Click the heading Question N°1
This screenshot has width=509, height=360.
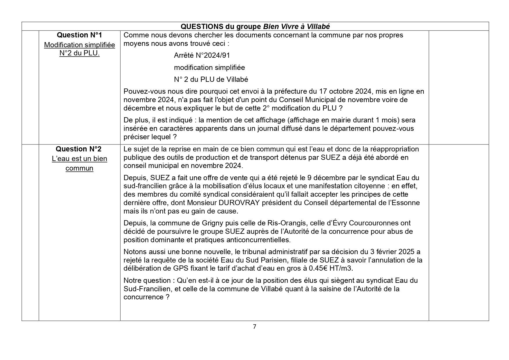[x=79, y=35]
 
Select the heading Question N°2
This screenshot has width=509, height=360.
[x=79, y=149]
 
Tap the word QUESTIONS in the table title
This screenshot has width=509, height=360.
[x=202, y=27]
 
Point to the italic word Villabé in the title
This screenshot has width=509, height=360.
[x=318, y=27]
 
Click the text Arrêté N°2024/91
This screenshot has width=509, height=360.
[x=202, y=55]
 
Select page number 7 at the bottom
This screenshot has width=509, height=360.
[x=254, y=327]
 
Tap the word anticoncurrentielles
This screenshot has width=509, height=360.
[x=246, y=240]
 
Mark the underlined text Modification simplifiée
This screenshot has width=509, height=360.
[x=79, y=45]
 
